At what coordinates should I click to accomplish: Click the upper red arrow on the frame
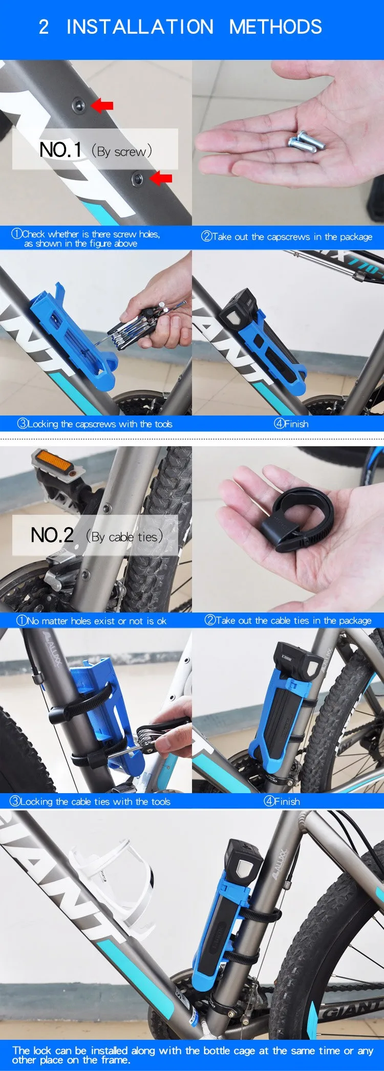102,105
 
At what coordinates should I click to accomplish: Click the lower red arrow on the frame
161,179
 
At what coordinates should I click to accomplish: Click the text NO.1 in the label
60,150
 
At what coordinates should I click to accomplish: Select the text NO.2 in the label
52,535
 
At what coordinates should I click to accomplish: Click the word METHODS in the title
275,27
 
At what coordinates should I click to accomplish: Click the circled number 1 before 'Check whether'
17,234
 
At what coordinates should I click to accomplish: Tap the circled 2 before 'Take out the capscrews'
206,236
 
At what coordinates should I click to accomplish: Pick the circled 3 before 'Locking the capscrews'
23,424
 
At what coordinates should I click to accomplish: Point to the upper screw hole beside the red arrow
78,105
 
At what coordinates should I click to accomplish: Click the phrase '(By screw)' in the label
122,151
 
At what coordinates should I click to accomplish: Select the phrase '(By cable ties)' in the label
124,537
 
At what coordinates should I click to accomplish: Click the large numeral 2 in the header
44,27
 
